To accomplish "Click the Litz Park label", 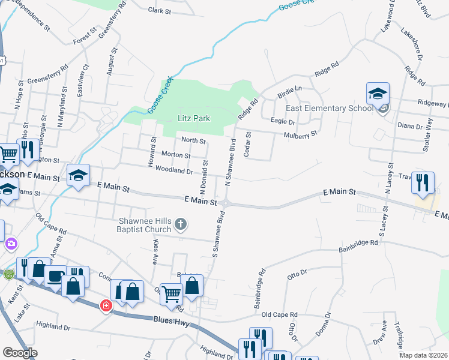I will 193,118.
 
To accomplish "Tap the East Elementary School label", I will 325,108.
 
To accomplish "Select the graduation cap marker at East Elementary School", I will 378,94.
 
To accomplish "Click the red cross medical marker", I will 106,305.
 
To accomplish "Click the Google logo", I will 20,353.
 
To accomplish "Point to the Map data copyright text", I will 424,355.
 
